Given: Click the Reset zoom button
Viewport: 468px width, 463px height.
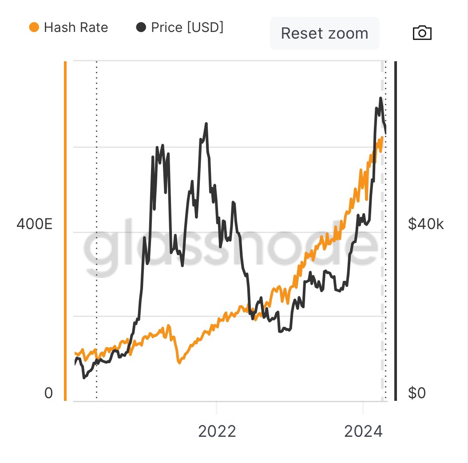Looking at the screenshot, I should (x=325, y=33).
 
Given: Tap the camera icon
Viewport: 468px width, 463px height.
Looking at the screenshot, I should (x=422, y=33).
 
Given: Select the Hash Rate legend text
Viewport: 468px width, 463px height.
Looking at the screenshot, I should (x=76, y=28).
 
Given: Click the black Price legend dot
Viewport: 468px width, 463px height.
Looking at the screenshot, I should (x=141, y=28).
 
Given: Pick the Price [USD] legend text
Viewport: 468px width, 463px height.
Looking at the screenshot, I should (x=187, y=28).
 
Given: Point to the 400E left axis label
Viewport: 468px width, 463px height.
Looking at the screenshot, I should (x=35, y=224).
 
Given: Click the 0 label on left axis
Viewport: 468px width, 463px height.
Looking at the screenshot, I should (x=48, y=393).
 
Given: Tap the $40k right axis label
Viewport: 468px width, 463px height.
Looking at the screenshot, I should (x=425, y=224).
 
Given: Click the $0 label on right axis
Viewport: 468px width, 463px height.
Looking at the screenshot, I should (x=416, y=393).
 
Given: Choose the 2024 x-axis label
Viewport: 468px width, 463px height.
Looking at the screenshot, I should (x=363, y=431).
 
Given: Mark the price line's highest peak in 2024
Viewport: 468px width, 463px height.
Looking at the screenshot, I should (x=381, y=98).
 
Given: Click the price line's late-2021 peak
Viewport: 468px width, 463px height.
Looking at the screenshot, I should (x=206, y=124).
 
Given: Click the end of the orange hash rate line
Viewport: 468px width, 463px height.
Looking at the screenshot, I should (x=382, y=138).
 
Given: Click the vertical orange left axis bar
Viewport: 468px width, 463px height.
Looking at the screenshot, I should (x=65, y=231).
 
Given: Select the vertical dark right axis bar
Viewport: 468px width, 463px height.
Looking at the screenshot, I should (x=396, y=231).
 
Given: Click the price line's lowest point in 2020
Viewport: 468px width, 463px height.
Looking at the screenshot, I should (x=84, y=378).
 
